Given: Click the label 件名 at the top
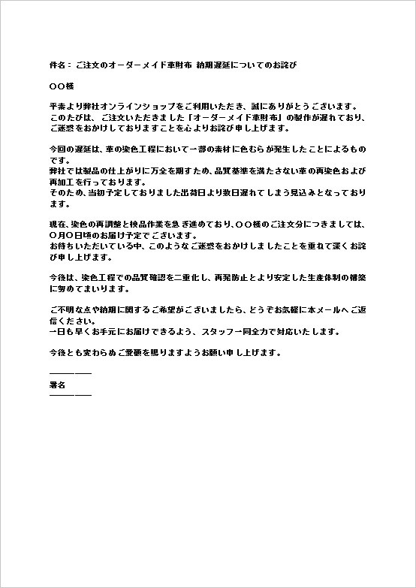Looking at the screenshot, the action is pos(57,65).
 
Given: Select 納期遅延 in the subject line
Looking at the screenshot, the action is pos(210,65).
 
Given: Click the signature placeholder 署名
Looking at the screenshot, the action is pos(58,384).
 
